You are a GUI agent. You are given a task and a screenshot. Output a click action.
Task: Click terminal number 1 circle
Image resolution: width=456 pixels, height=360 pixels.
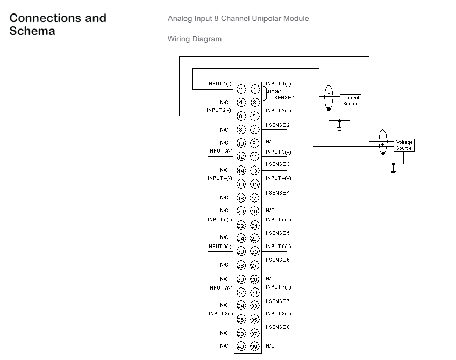pyautogui.click(x=255, y=89)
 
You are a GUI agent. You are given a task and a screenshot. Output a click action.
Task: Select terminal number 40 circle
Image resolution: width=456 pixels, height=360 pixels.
pyautogui.click(x=241, y=347)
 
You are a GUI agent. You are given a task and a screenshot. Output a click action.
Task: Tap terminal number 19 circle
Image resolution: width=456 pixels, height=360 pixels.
pyautogui.click(x=254, y=211)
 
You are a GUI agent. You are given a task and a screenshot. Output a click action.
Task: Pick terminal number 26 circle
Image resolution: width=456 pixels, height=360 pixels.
pyautogui.click(x=241, y=251)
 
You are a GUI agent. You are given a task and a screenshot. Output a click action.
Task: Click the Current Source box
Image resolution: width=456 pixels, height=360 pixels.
pyautogui.click(x=351, y=100)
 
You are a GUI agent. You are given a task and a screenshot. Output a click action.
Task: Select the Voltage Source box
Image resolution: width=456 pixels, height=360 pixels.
pyautogui.click(x=404, y=145)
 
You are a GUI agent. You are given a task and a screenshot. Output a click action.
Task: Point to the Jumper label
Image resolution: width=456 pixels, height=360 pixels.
pyautogui.click(x=274, y=91)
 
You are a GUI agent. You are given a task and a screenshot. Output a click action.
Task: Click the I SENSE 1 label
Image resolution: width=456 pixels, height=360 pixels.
pyautogui.click(x=283, y=98)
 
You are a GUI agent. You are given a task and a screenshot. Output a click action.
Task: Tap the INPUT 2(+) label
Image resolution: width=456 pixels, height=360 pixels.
pyautogui.click(x=279, y=111)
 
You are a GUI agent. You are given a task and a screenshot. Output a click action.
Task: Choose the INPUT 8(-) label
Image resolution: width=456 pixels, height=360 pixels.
pyautogui.click(x=220, y=314)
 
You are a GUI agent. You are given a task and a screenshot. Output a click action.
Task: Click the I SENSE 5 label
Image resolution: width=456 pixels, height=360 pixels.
pyautogui.click(x=277, y=233)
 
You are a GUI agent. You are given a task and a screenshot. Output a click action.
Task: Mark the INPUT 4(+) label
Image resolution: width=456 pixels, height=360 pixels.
pyautogui.click(x=279, y=178)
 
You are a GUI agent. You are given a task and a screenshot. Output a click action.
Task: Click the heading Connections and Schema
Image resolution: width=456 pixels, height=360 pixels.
pyautogui.click(x=58, y=24)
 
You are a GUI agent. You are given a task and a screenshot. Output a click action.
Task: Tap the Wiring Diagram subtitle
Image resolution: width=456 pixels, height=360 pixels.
pyautogui.click(x=195, y=39)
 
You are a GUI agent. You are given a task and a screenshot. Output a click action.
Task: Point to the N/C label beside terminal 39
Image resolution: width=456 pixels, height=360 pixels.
pyautogui.click(x=270, y=346)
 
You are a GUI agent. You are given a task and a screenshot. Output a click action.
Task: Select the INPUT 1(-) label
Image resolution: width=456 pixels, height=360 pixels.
pyautogui.click(x=219, y=84)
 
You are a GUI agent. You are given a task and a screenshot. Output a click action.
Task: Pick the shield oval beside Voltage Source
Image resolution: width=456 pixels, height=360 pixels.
pyautogui.click(x=383, y=141)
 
